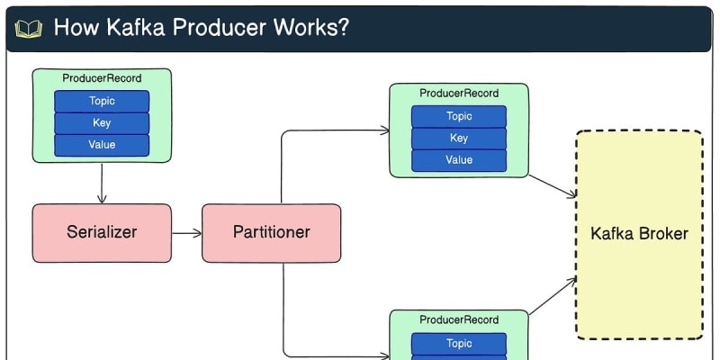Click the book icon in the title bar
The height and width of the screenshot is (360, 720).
pyautogui.click(x=29, y=28)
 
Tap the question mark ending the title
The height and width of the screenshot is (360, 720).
pyautogui.click(x=343, y=27)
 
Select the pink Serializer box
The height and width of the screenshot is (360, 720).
pyautogui.click(x=102, y=232)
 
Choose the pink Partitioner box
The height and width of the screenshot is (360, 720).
pyautogui.click(x=271, y=232)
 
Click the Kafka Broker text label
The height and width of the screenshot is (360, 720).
pyautogui.click(x=639, y=234)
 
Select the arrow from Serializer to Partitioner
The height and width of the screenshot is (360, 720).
pyautogui.click(x=186, y=233)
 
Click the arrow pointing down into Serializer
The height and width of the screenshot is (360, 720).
pyautogui.click(x=102, y=184)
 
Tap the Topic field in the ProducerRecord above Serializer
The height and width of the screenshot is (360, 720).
pyautogui.click(x=102, y=101)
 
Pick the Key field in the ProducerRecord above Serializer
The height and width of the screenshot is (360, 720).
pyautogui.click(x=102, y=122)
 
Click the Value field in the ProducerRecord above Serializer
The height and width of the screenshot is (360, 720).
pyautogui.click(x=102, y=144)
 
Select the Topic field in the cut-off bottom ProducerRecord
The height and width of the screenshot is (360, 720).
pyautogui.click(x=459, y=343)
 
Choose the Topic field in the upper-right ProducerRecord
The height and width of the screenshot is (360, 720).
pyautogui.click(x=459, y=116)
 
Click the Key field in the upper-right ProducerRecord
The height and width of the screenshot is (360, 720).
pyautogui.click(x=459, y=138)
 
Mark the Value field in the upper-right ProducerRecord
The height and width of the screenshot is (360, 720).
pyautogui.click(x=459, y=160)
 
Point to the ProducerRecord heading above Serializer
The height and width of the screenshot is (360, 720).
pyautogui.click(x=102, y=79)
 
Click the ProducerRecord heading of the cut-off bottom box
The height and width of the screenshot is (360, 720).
pyautogui.click(x=459, y=319)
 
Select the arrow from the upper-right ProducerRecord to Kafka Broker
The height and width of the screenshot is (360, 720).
pyautogui.click(x=552, y=185)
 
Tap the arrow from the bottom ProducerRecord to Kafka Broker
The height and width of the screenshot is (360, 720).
pyautogui.click(x=553, y=296)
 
